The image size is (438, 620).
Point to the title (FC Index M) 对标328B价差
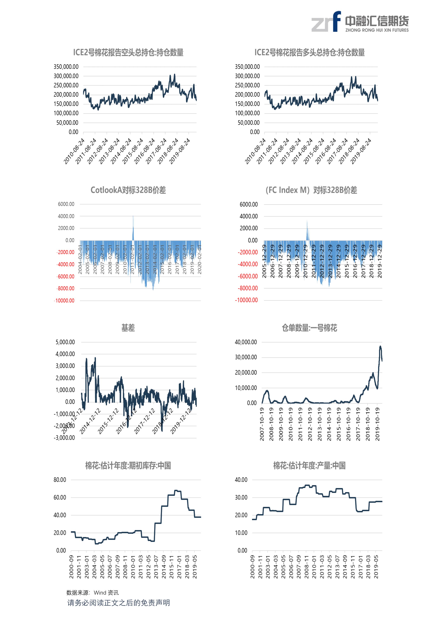(x=311, y=190)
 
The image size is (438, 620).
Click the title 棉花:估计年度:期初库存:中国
(x=128, y=466)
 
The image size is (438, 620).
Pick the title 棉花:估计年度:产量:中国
(x=309, y=466)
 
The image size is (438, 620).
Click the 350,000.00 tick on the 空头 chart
(x=66, y=67)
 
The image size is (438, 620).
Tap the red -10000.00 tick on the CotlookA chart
(x=64, y=301)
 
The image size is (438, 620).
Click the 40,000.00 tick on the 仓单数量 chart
(x=246, y=342)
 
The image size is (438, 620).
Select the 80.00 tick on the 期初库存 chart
(x=60, y=480)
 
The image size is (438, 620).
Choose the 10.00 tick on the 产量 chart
(x=241, y=533)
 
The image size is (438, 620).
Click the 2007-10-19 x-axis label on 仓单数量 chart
(x=262, y=424)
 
